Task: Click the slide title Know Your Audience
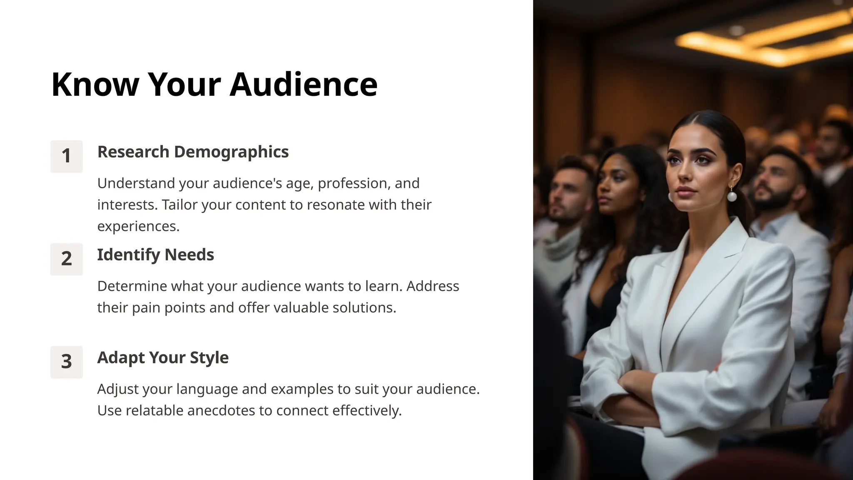tap(214, 84)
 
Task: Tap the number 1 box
tap(67, 156)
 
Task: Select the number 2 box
tap(67, 259)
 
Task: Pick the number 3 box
tap(67, 362)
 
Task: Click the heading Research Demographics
tap(193, 152)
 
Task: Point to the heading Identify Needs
tap(155, 255)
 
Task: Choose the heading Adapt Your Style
tap(163, 357)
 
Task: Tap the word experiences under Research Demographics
tap(138, 226)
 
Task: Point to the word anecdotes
tap(221, 410)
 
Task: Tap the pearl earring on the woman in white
tap(732, 196)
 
